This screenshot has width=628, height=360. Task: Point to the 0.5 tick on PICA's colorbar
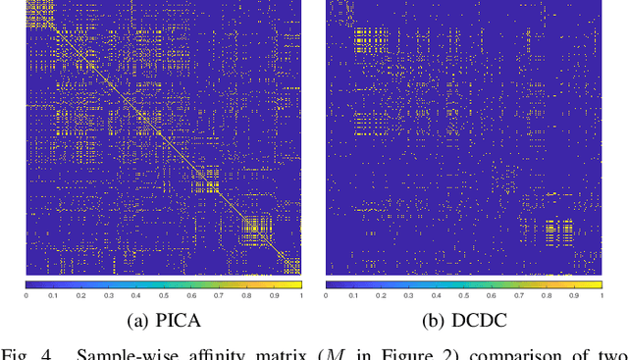click(x=163, y=295)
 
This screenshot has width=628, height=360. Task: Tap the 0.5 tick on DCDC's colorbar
click(x=463, y=295)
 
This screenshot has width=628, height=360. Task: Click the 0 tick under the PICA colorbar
click(x=26, y=295)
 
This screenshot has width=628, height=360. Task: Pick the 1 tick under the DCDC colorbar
click(x=601, y=295)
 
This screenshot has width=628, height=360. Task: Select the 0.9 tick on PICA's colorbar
click(x=273, y=295)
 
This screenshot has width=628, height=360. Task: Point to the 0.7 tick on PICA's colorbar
click(x=218, y=295)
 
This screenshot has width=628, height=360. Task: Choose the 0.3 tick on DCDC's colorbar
click(x=408, y=295)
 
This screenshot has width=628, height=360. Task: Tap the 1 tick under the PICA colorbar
click(x=300, y=295)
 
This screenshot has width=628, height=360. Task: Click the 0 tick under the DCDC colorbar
click(x=327, y=295)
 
